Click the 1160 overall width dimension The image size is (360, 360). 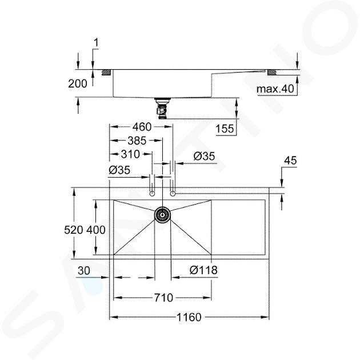[x=189, y=317]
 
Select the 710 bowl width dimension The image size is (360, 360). [x=163, y=298]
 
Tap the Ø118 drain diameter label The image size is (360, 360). [x=203, y=270]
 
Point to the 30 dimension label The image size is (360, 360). [x=84, y=271]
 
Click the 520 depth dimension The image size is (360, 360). [x=74, y=230]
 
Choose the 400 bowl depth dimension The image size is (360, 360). [x=96, y=230]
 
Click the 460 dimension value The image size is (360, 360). [x=142, y=127]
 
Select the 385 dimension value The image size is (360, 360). [x=137, y=141]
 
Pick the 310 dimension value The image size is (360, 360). [x=130, y=154]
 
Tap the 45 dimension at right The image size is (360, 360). [x=290, y=161]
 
